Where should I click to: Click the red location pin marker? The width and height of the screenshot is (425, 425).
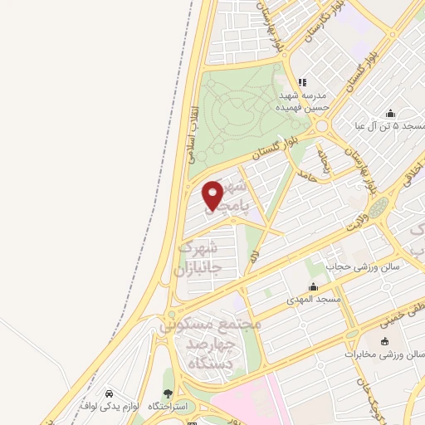click(213, 195)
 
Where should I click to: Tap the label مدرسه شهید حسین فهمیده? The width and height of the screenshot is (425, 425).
click(304, 100)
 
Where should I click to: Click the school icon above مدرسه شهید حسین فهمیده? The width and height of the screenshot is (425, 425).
click(303, 82)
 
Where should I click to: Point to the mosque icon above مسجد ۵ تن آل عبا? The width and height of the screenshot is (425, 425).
click(389, 114)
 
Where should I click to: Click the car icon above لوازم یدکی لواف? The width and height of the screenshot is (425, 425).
click(110, 393)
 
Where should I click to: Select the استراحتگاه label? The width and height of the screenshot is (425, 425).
click(169, 407)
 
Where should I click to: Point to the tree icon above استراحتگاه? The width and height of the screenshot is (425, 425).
click(169, 394)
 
